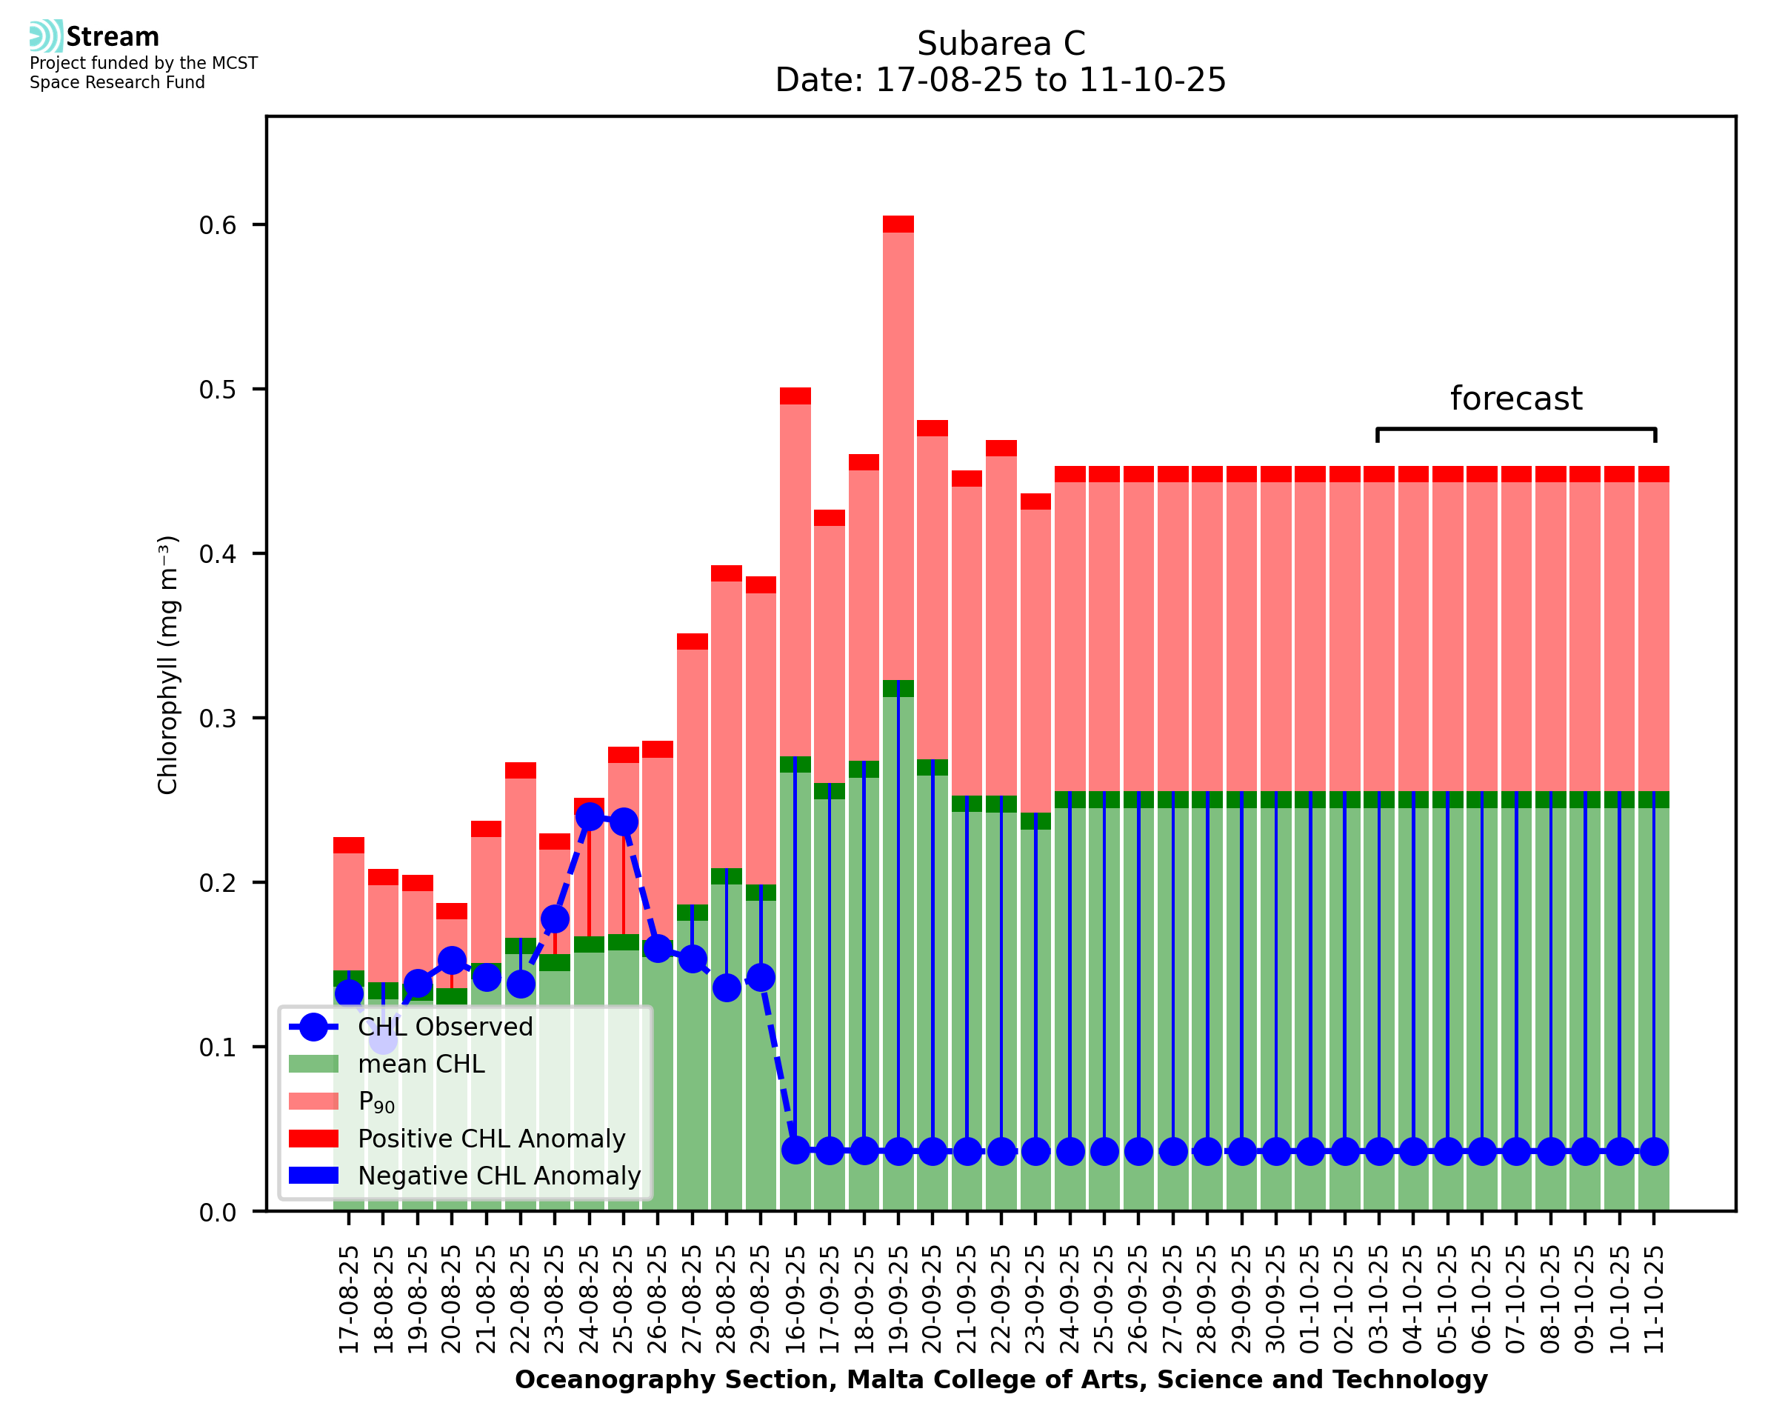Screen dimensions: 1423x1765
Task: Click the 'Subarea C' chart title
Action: [x=1001, y=44]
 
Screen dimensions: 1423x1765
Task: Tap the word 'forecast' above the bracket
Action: [x=1516, y=399]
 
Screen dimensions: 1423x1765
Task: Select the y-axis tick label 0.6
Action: [x=217, y=224]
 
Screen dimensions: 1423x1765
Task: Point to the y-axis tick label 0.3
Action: [x=217, y=718]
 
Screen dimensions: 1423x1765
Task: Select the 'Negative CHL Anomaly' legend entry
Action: [x=499, y=1176]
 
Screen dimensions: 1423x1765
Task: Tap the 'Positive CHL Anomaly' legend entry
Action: [x=491, y=1139]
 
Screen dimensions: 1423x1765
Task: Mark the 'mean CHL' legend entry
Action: [x=421, y=1064]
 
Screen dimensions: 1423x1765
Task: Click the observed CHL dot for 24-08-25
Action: [x=589, y=816]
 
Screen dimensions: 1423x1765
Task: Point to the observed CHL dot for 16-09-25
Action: [x=795, y=1151]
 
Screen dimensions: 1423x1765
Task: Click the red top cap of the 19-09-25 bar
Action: [x=898, y=224]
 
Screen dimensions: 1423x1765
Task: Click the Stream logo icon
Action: [x=46, y=36]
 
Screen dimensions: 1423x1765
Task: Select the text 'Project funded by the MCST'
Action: [x=144, y=63]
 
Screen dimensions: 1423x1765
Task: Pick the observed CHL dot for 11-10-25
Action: [x=1654, y=1152]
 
